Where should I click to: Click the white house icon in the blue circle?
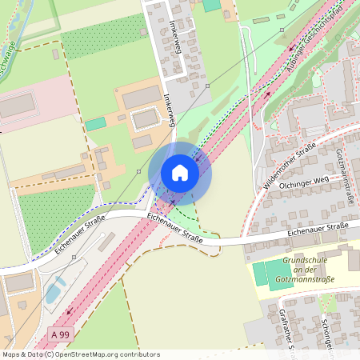click(180, 173)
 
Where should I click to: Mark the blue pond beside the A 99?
click(54, 292)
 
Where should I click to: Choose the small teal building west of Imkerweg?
click(96, 124)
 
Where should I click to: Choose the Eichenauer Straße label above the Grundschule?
click(318, 230)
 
